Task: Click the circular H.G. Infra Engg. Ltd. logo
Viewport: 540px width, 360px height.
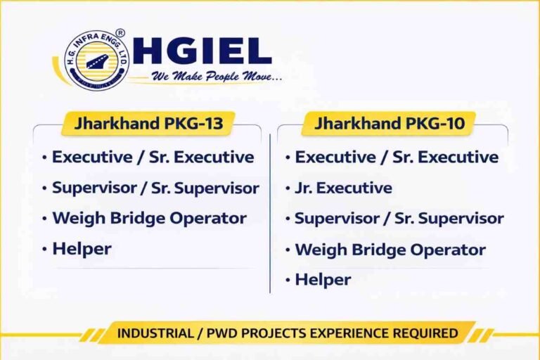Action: coord(96,59)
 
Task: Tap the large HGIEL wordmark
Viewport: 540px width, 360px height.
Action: coord(201,51)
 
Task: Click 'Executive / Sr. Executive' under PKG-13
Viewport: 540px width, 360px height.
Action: coord(153,157)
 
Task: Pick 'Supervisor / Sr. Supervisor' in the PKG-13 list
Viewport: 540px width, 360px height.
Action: coord(155,188)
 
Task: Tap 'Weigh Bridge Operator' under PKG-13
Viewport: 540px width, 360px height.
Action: coord(149,218)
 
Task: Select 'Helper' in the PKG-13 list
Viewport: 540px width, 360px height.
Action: coord(82,248)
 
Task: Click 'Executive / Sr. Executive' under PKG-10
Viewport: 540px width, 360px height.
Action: coord(397,157)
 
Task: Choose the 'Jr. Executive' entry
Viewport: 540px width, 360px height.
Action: coord(343,188)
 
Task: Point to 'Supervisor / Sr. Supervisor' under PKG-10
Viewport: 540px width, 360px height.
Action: coord(399,218)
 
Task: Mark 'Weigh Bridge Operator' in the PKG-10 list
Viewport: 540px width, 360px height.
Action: coord(390,250)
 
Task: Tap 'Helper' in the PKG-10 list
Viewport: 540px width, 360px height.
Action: coord(323,280)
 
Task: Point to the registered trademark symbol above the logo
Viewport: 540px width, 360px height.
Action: coord(120,33)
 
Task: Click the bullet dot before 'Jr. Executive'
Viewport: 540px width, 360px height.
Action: coord(288,188)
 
